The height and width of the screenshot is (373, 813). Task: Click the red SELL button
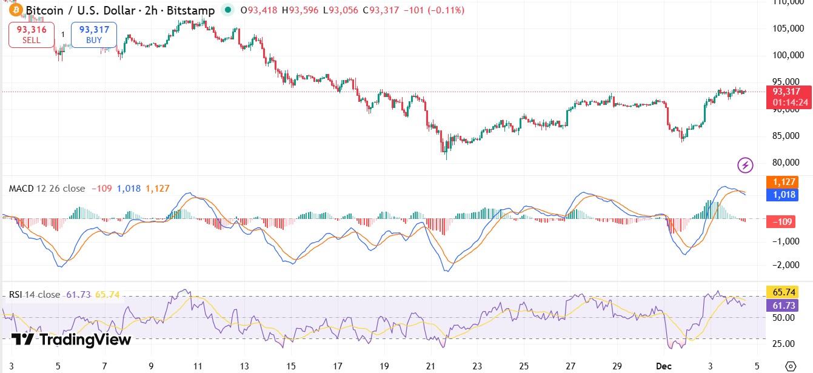pos(32,35)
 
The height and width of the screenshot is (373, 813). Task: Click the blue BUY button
pos(94,35)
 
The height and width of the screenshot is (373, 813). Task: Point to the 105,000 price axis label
pos(788,29)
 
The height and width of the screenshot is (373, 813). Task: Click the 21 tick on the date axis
pos(430,366)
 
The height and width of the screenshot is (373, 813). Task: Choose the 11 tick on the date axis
pos(198,366)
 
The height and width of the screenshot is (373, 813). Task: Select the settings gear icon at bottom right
pos(790,366)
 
